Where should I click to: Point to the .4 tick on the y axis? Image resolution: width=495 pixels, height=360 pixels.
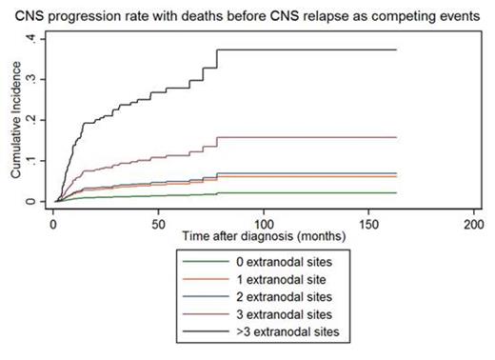pyautogui.click(x=33, y=38)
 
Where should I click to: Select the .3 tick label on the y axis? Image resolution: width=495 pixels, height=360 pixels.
pyautogui.click(x=33, y=79)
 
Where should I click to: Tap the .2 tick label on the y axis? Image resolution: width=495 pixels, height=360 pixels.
pyautogui.click(x=33, y=120)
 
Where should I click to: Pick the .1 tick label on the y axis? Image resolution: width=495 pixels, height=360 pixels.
pyautogui.click(x=33, y=161)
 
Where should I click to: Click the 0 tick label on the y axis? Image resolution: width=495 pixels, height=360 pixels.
pyautogui.click(x=33, y=201)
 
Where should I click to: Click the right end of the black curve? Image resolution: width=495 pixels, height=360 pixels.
pyautogui.click(x=396, y=50)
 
